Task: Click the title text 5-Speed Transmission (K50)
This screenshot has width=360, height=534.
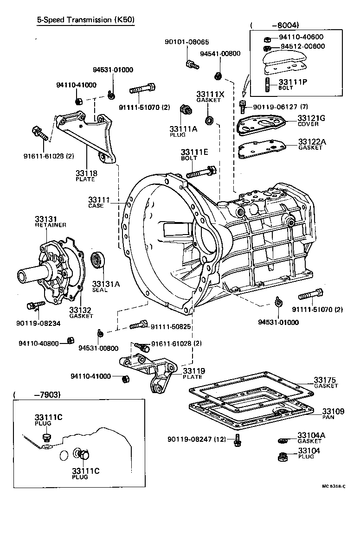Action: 85,20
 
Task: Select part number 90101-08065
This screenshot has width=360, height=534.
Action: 183,42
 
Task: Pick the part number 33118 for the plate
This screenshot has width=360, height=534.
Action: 86,173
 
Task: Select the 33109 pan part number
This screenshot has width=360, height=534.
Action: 333,411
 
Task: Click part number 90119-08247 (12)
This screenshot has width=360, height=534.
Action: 199,438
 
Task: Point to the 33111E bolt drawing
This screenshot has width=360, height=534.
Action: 200,172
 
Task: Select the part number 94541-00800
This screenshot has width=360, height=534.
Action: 220,54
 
